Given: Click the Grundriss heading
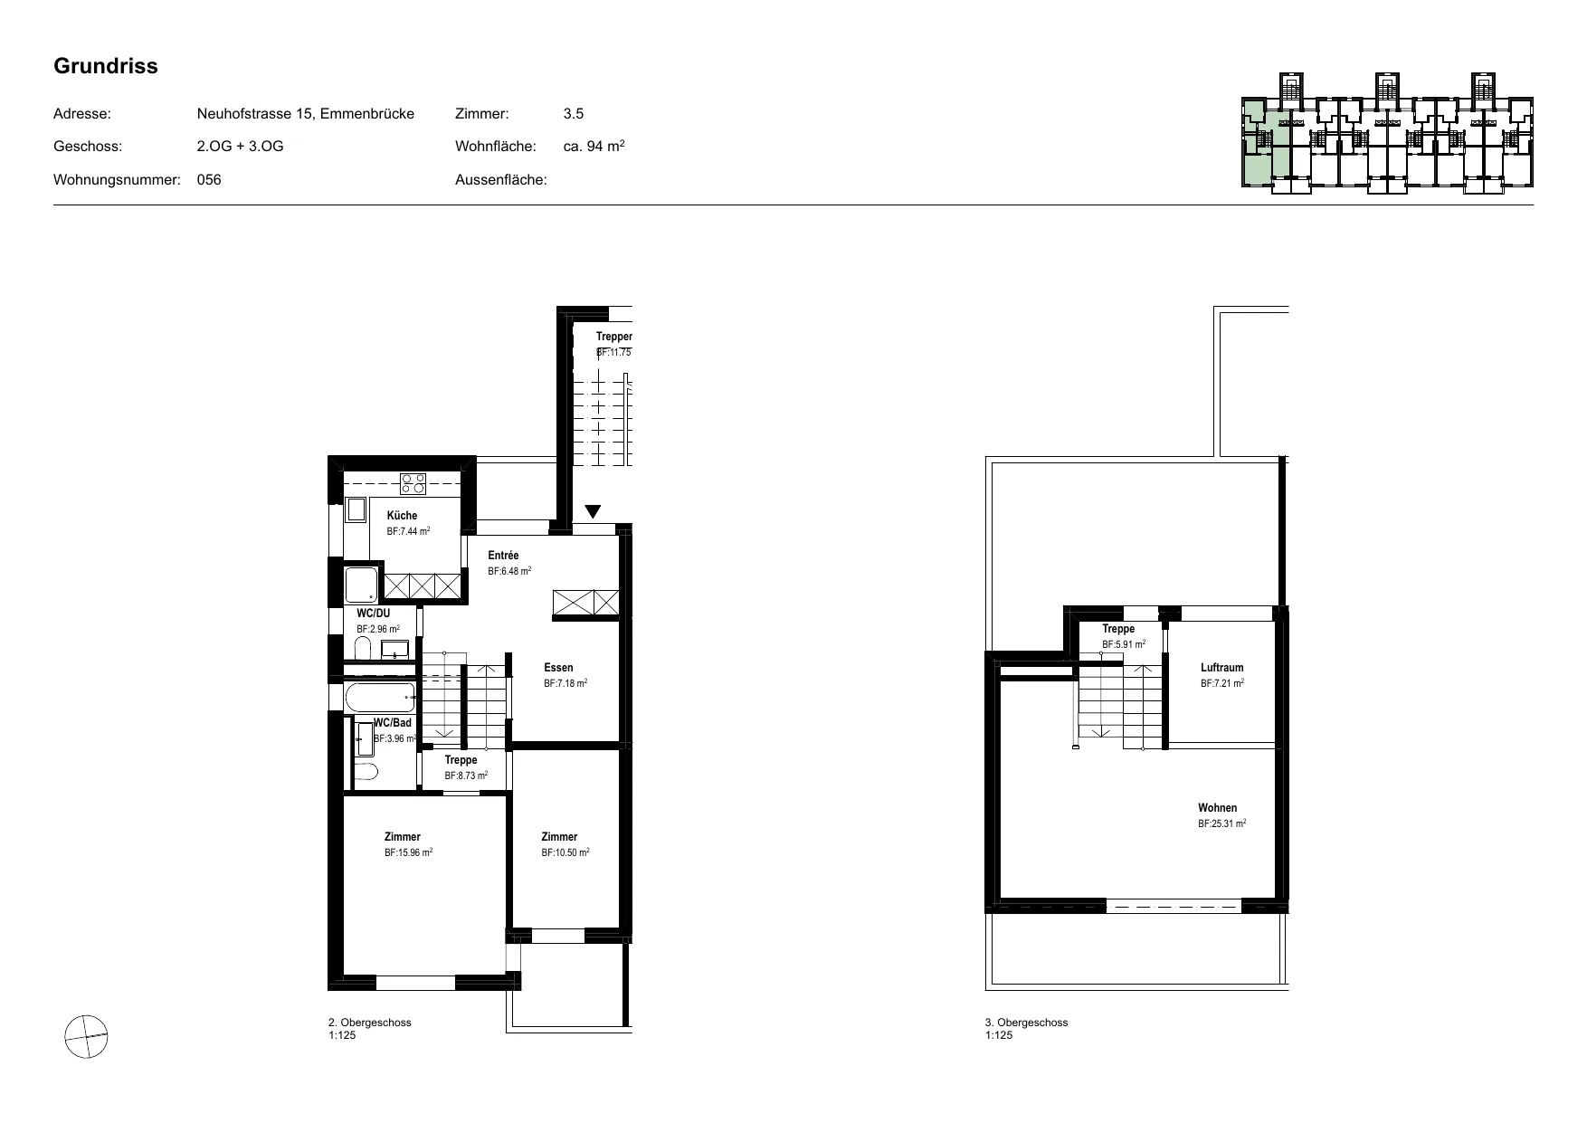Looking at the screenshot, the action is click(x=106, y=66).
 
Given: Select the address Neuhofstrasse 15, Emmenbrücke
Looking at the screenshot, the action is click(x=306, y=114).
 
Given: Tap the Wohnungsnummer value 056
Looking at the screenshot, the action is click(x=209, y=179).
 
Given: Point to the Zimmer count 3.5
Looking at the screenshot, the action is click(x=574, y=114).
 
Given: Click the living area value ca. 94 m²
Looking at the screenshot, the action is click(x=594, y=146).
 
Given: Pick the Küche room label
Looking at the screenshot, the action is click(x=403, y=516).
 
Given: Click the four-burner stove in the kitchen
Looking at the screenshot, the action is click(x=413, y=484).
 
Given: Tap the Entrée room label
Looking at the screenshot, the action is click(x=504, y=556).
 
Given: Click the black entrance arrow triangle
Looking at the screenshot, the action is click(x=593, y=511).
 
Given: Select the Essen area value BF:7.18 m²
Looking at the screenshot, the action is click(x=565, y=684).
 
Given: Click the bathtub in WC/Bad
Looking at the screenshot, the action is click(x=380, y=698).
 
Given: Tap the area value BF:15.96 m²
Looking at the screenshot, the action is click(x=408, y=852).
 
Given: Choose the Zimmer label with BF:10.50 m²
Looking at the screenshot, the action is click(x=559, y=837).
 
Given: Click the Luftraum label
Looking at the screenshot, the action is click(x=1222, y=668).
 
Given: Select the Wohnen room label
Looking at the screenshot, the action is click(x=1218, y=808).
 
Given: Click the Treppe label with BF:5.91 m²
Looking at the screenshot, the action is click(x=1118, y=629).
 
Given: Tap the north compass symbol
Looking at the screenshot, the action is click(x=86, y=1036).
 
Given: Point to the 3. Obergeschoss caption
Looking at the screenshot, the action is click(x=1026, y=1023).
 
